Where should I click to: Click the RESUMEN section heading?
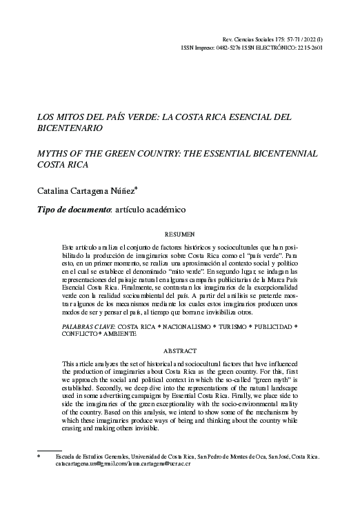click(x=179, y=234)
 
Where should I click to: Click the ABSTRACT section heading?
click(x=179, y=350)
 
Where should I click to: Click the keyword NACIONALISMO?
click(x=179, y=323)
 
